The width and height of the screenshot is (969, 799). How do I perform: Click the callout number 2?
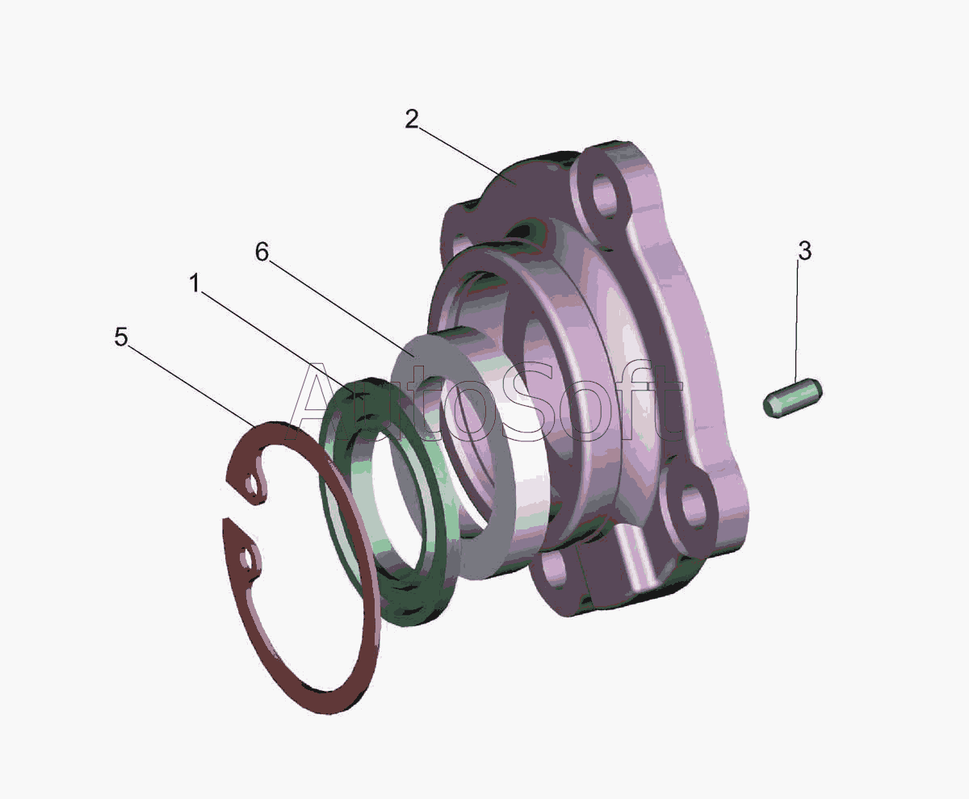tap(412, 119)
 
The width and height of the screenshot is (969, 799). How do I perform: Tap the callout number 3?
tap(805, 251)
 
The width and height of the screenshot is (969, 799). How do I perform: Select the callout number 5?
tap(121, 337)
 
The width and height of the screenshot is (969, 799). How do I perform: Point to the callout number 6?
tap(262, 252)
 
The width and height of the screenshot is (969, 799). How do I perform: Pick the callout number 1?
tap(195, 283)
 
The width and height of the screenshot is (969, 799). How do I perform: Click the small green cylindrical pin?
tap(792, 397)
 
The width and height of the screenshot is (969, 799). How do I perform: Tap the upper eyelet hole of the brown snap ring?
tap(251, 485)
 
